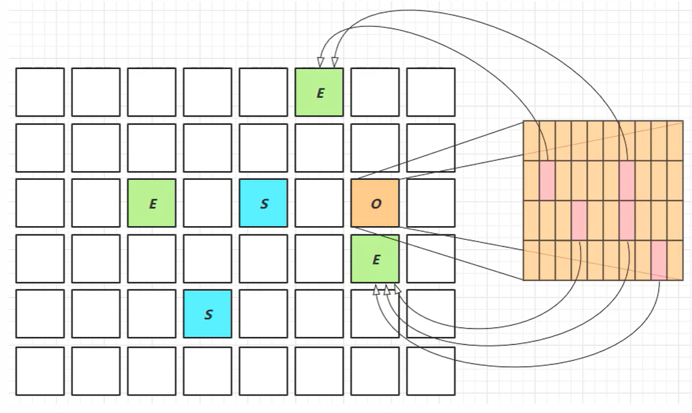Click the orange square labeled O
(x=375, y=203)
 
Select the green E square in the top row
(x=319, y=92)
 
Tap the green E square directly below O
(x=375, y=259)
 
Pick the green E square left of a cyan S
(x=152, y=203)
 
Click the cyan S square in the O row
(x=263, y=203)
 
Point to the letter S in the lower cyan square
(x=208, y=314)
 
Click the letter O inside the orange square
(x=376, y=204)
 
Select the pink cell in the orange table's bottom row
(x=659, y=260)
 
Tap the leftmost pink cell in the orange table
(x=547, y=181)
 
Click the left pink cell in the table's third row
(x=579, y=220)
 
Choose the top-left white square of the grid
(x=40, y=92)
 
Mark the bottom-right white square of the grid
(x=431, y=371)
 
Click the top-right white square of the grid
(x=431, y=92)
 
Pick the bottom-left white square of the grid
(x=40, y=371)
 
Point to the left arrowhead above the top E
(x=320, y=62)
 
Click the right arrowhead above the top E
(x=334, y=62)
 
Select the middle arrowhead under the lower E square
(x=387, y=290)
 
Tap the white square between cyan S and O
(x=319, y=203)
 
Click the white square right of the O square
(x=431, y=203)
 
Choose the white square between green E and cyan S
(x=208, y=203)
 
